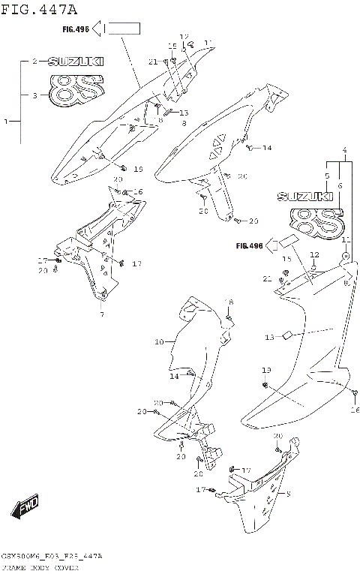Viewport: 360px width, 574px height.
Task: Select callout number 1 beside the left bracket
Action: pyautogui.click(x=7, y=121)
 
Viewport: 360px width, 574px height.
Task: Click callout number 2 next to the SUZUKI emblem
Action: pyautogui.click(x=34, y=62)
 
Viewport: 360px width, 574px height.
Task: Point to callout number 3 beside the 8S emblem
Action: pyautogui.click(x=34, y=95)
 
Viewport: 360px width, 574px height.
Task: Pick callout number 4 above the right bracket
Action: pyautogui.click(x=344, y=150)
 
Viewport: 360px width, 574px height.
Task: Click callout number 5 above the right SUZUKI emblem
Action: pyautogui.click(x=327, y=176)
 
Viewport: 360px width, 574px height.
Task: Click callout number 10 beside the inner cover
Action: pyautogui.click(x=159, y=342)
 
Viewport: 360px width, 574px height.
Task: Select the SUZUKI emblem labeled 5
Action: pyautogui.click(x=305, y=197)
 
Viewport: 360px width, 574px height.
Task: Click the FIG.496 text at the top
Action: pyautogui.click(x=76, y=30)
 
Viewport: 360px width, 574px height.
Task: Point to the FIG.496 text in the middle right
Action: pyautogui.click(x=249, y=245)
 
